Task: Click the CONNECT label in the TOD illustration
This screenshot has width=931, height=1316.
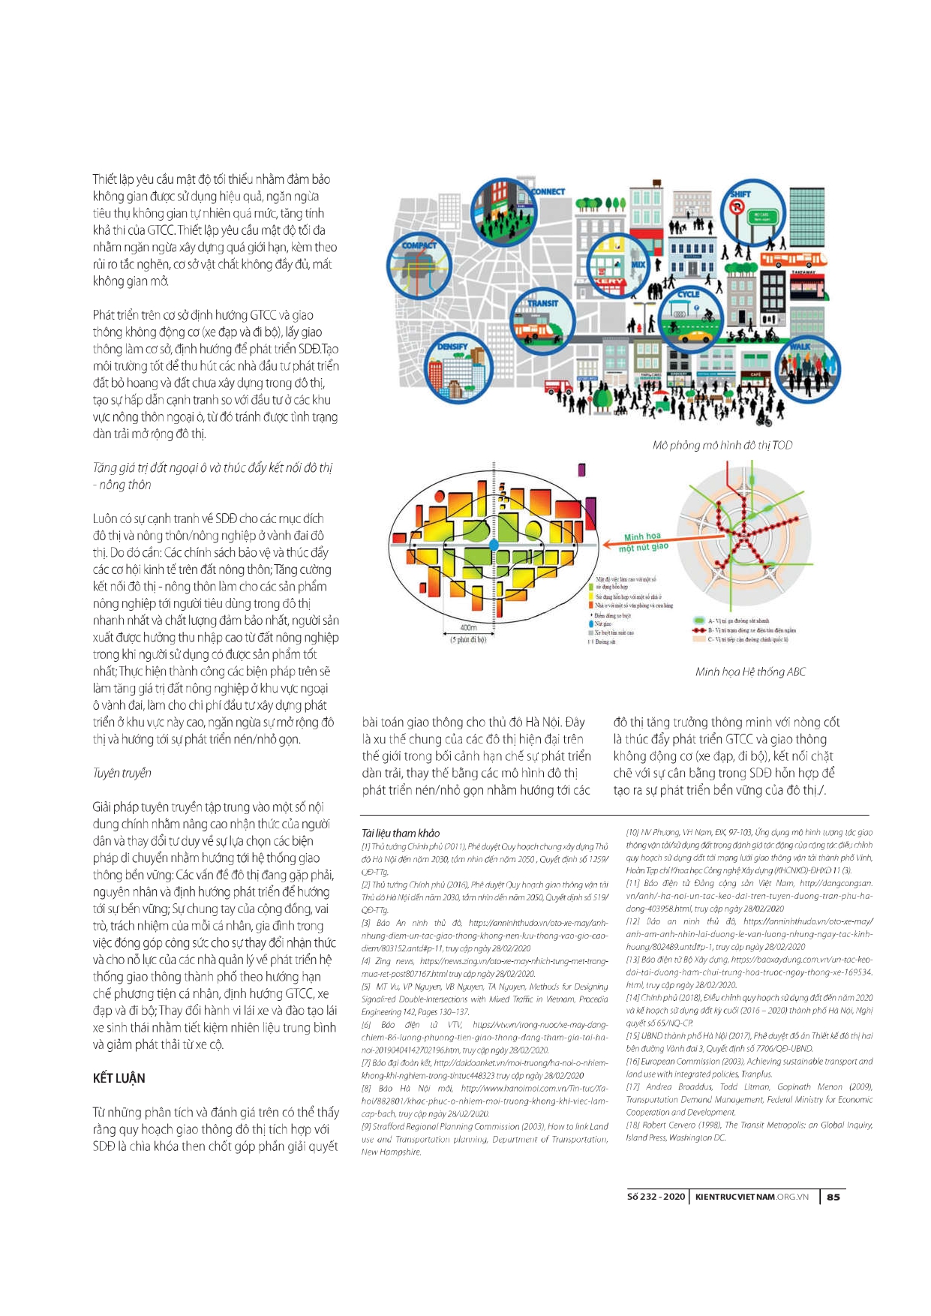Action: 548,192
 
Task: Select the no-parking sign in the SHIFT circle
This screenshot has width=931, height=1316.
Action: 737,206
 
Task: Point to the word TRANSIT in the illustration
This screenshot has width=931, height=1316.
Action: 542,303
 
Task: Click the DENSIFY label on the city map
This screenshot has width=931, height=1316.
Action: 452,347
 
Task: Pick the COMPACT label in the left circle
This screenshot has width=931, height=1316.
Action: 419,245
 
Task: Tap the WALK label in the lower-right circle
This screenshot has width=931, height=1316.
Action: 800,347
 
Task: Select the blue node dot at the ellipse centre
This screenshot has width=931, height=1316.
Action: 494,544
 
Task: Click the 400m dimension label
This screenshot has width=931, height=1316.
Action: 468,627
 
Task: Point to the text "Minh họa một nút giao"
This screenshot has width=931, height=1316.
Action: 643,542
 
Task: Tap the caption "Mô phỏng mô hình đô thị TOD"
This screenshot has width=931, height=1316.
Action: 722,446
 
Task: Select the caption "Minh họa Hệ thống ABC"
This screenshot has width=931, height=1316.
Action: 750,672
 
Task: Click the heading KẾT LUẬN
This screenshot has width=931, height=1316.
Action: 119,1078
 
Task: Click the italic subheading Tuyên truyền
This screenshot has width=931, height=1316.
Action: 122,773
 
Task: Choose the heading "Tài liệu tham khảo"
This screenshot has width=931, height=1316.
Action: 401,833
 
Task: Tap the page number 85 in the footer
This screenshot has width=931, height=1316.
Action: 833,1197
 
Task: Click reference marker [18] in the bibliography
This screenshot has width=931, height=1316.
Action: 632,1125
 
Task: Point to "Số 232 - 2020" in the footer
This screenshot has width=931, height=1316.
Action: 656,1197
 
